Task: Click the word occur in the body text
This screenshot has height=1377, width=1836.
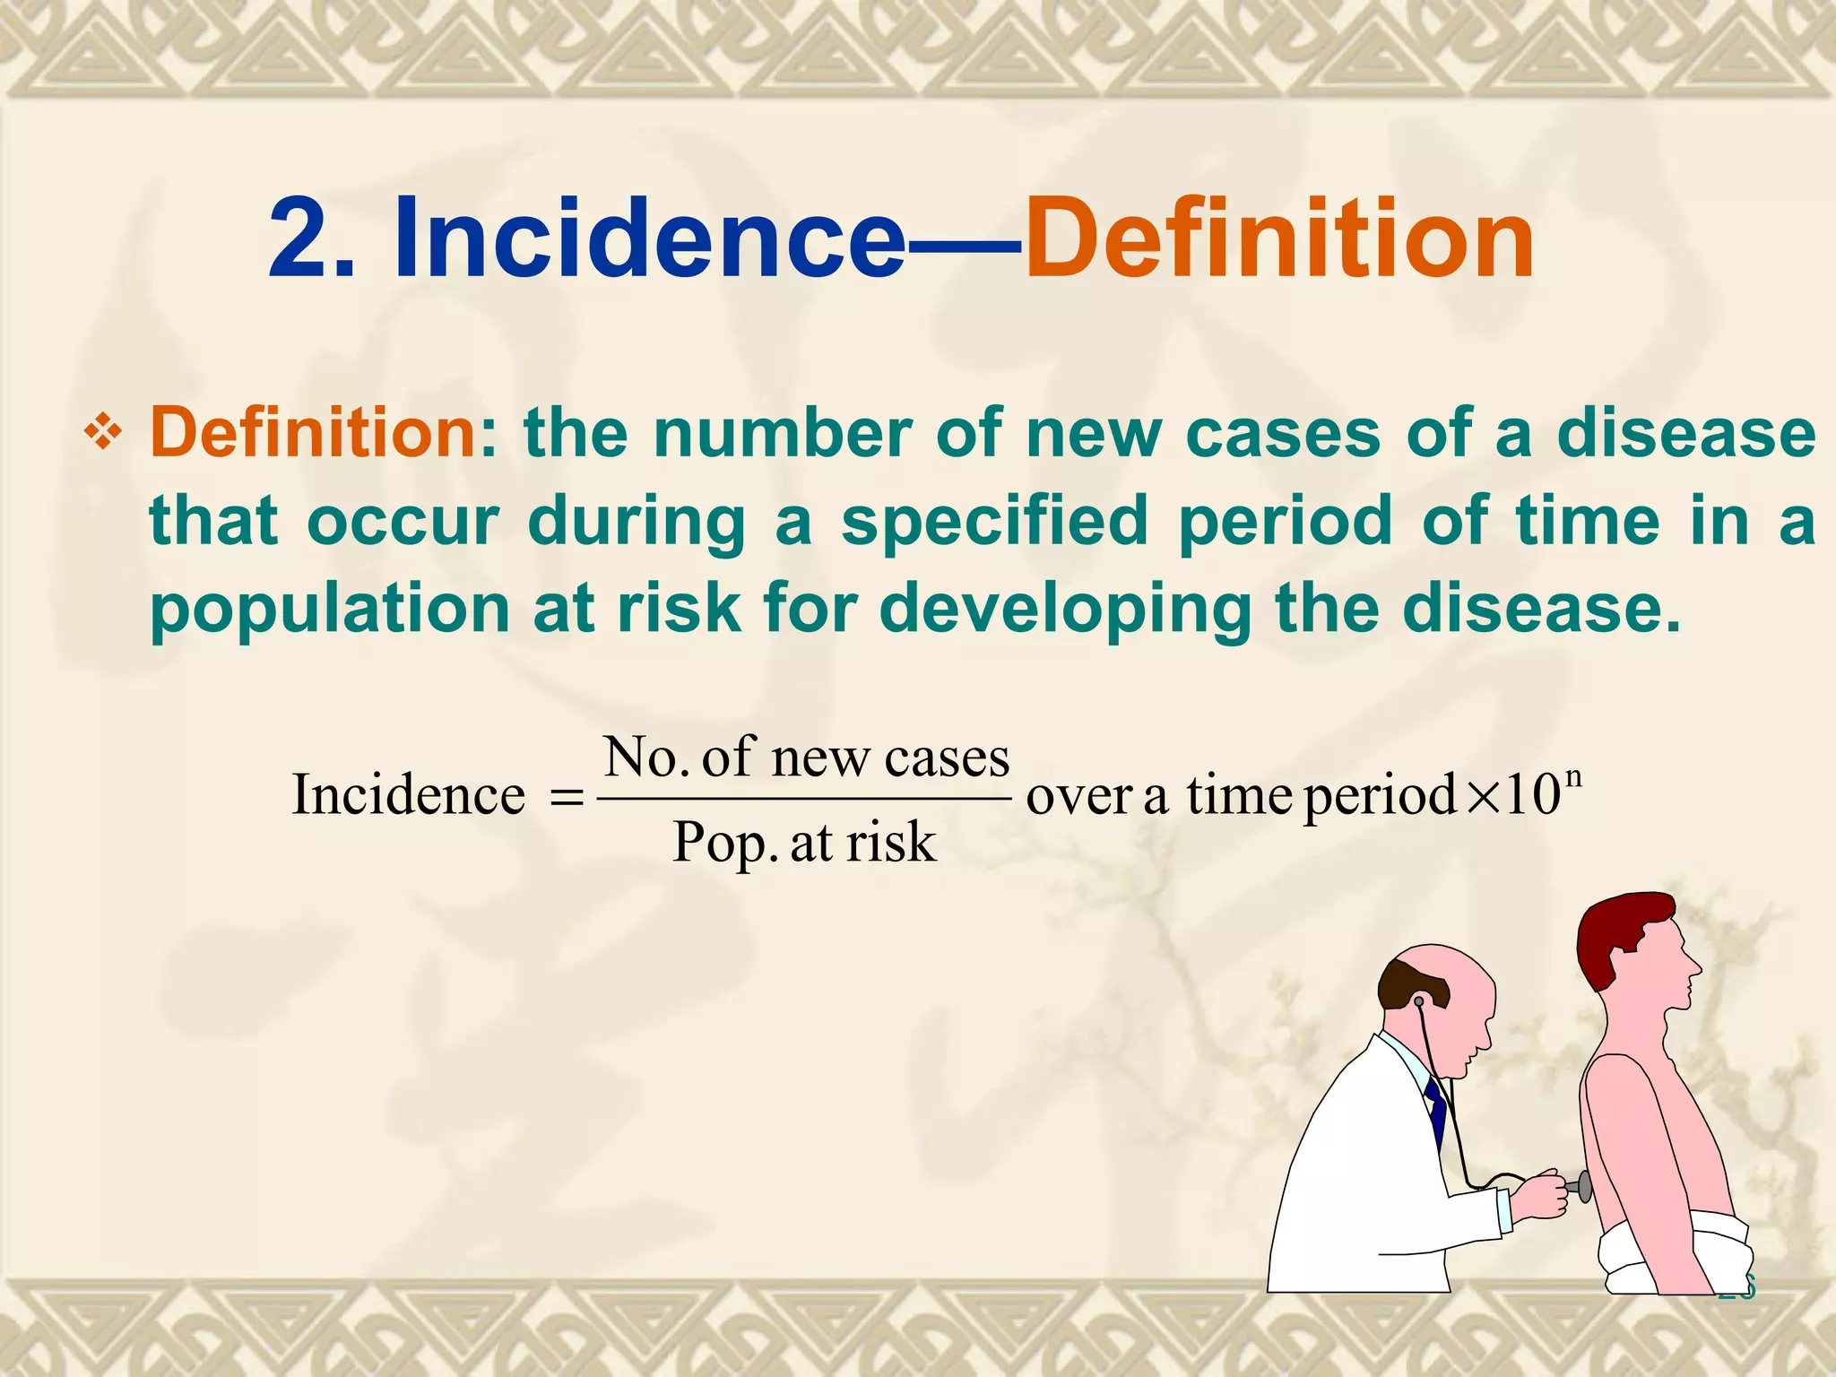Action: tap(403, 522)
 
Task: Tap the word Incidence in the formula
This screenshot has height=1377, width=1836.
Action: tap(409, 795)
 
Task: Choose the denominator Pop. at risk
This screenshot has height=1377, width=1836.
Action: tap(804, 843)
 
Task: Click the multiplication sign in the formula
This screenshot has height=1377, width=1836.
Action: tap(1481, 796)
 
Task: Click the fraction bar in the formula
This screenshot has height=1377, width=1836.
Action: tap(804, 798)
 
